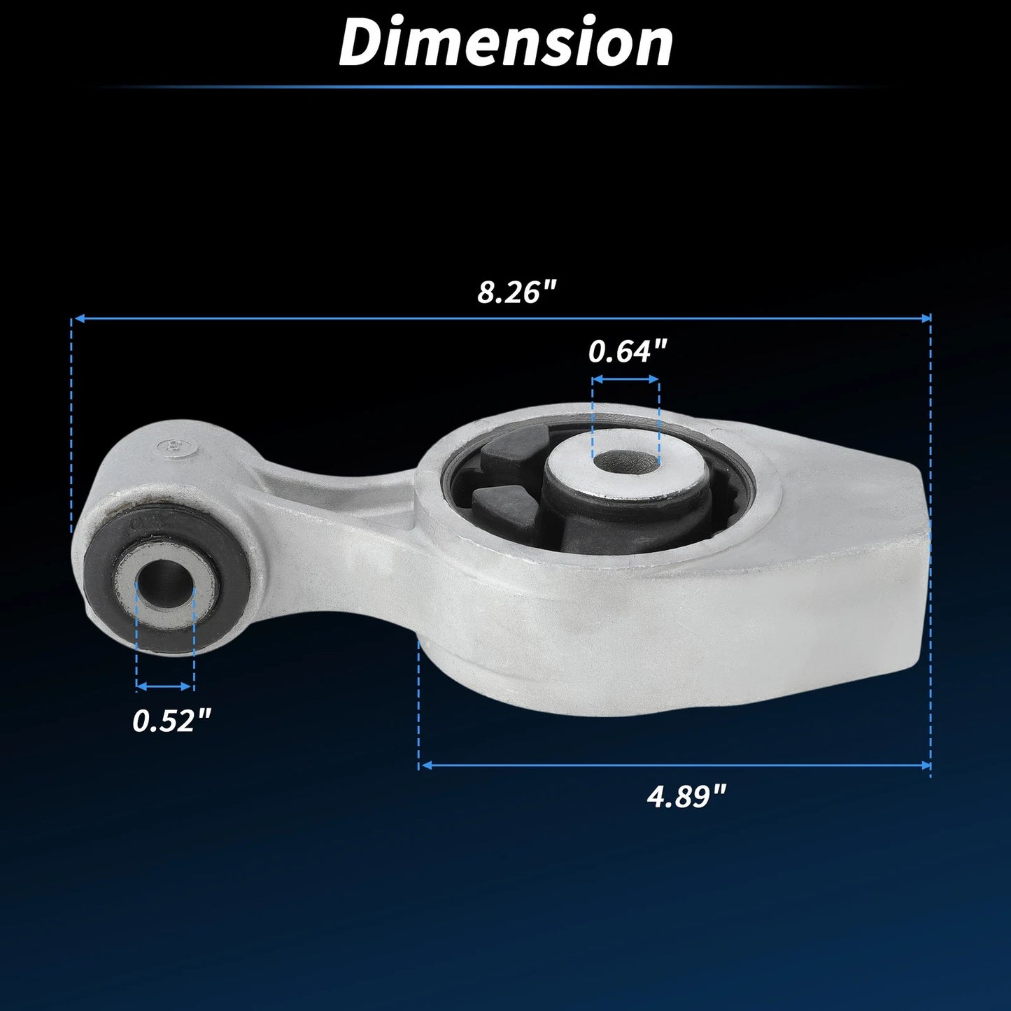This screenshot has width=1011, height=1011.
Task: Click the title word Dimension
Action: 506,43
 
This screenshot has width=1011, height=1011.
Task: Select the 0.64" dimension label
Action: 628,351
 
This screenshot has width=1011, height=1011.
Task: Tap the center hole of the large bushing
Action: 625,461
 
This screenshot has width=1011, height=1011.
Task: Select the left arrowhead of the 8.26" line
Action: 78,318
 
